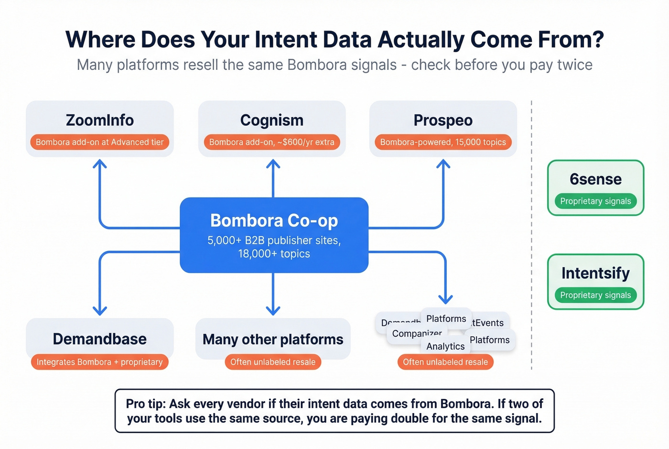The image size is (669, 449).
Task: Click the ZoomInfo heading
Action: coord(99,120)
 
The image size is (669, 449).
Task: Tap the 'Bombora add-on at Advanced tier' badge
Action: coord(99,142)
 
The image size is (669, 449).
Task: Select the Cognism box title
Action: coord(271,120)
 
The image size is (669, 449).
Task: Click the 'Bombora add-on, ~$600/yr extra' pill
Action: coord(271,142)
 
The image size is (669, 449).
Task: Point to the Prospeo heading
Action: coord(443,120)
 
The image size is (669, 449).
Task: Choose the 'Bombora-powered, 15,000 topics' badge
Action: coord(443,142)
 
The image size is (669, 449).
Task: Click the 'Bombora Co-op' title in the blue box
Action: coord(274,220)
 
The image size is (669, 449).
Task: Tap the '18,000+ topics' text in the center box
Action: coord(274,254)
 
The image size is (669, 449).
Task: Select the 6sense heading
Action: coord(595,179)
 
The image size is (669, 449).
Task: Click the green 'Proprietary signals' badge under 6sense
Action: coord(595,201)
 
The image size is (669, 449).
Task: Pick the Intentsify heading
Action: coord(595,273)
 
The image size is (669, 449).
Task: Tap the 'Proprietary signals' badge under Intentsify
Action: coord(595,295)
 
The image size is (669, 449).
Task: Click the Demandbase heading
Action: coord(99,339)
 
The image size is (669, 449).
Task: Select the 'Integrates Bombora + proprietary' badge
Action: coord(99,362)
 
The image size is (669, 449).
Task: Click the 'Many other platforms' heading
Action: coord(273,339)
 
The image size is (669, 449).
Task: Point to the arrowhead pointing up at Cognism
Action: coord(273,164)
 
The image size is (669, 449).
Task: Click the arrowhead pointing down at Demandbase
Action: coord(99,311)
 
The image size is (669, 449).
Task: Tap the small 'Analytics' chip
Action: coord(445,347)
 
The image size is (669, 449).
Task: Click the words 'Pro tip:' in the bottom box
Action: coord(146,404)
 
